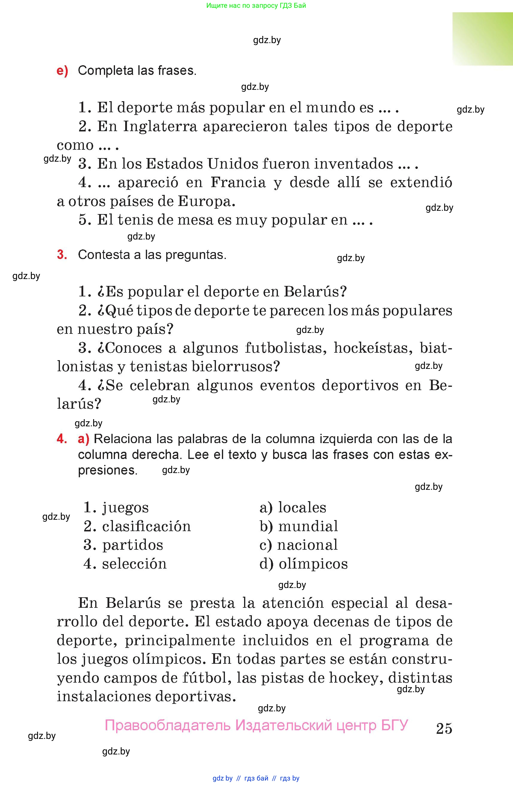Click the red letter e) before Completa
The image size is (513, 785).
coord(62,71)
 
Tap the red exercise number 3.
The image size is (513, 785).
coord(62,254)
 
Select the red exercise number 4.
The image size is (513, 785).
coord(62,439)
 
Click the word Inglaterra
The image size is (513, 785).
coord(160,126)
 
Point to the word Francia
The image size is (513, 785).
coord(238,182)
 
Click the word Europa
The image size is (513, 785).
coord(206,201)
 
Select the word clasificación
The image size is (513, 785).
coord(146,526)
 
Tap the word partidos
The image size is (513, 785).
coord(133,545)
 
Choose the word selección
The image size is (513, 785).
coord(134,564)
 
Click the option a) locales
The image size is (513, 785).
coord(293,507)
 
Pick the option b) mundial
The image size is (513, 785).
coord(299,526)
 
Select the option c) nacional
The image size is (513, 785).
coord(299,545)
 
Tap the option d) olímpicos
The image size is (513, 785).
coord(303,564)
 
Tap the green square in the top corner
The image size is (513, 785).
coord(482,39)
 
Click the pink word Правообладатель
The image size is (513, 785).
coord(167,725)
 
